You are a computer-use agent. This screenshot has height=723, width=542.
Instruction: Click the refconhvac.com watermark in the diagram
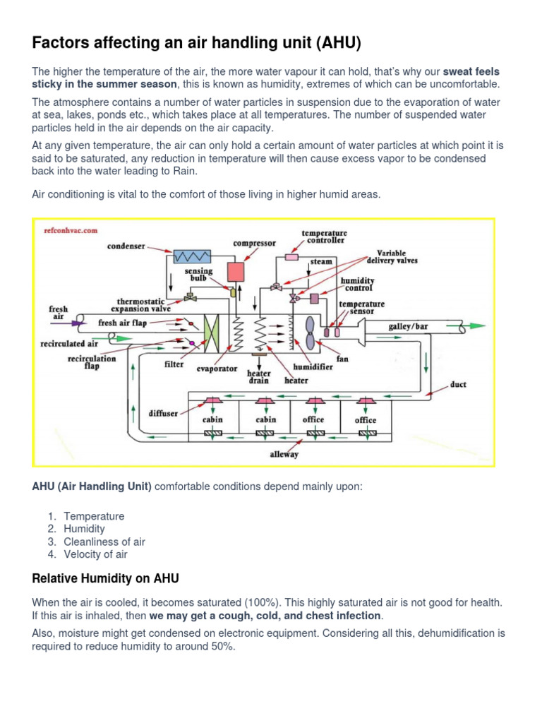pos(70,230)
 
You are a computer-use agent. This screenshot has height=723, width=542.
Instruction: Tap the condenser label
pos(126,246)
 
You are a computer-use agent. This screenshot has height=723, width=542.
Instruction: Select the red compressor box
pos(234,272)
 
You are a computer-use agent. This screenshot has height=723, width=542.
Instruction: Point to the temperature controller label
pos(324,236)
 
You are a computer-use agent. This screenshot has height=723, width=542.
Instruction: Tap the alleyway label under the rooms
pos(284,454)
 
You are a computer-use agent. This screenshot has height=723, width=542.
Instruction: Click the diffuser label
pos(163,413)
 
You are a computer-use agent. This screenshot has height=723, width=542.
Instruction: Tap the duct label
pos(458,386)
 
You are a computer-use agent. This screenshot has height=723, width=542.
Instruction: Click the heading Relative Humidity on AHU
pos(105,578)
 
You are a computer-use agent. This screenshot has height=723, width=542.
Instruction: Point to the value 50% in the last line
pos(220,647)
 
